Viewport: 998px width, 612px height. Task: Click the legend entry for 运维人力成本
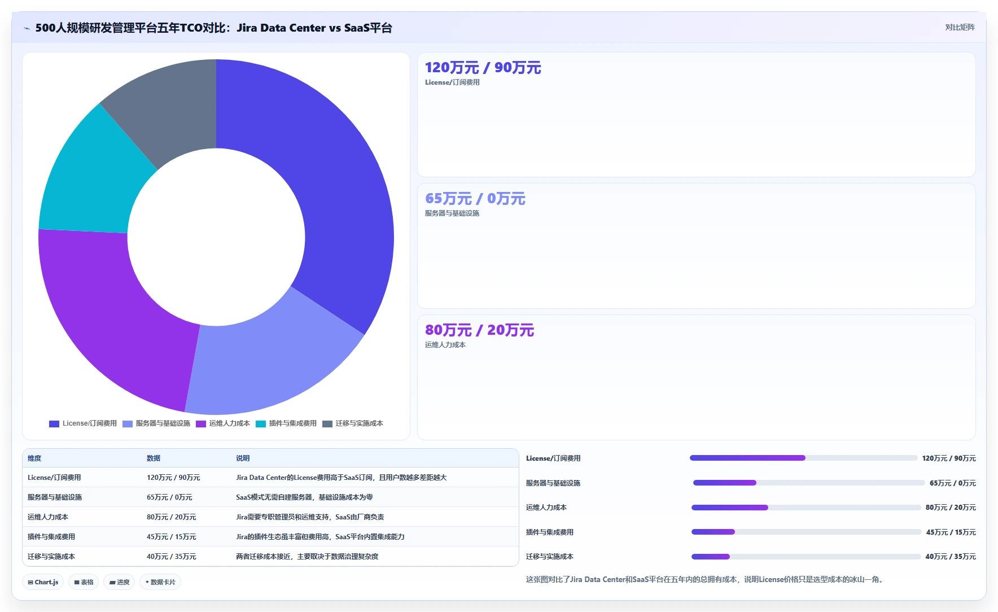223,423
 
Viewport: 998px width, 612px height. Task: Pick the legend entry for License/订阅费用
83,423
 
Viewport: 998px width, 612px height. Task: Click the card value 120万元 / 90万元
483,68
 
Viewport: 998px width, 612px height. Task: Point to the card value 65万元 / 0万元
475,199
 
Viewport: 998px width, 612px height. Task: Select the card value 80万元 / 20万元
479,330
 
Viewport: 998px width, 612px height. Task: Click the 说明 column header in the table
243,458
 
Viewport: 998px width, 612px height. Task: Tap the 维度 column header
34,458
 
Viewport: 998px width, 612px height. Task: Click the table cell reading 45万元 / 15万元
172,537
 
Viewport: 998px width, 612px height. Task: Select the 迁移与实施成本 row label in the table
51,557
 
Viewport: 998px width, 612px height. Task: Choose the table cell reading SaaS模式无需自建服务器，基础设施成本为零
304,497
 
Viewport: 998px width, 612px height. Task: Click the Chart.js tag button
43,582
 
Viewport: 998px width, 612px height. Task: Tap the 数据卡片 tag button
160,582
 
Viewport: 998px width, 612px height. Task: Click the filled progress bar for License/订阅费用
747,458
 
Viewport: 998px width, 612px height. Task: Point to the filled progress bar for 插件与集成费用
713,532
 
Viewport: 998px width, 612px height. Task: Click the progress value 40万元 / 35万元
951,557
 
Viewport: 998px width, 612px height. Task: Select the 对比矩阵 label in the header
960,27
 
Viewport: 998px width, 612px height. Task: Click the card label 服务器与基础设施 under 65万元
452,213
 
